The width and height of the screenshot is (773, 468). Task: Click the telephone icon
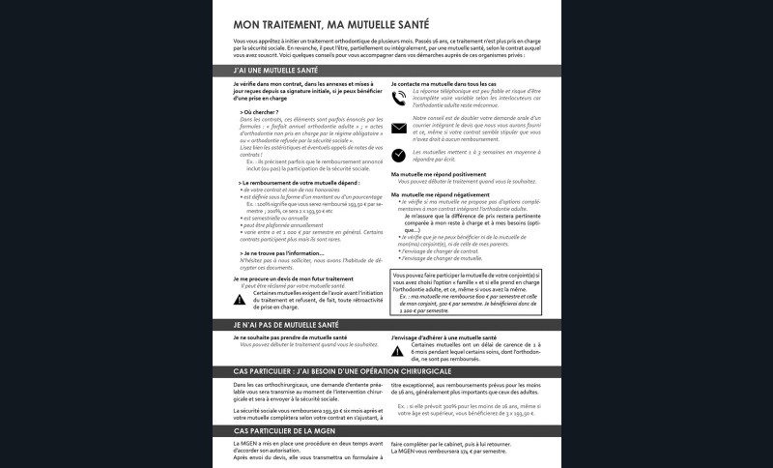(x=399, y=97)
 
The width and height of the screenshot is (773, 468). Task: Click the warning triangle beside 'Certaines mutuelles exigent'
(x=240, y=300)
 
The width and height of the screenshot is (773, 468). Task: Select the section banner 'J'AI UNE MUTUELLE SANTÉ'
(x=386, y=71)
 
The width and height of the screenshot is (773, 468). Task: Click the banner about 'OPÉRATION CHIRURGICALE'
(x=386, y=371)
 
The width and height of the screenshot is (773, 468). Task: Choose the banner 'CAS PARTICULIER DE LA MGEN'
(x=386, y=430)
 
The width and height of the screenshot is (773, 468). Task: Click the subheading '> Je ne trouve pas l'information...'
(x=282, y=253)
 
